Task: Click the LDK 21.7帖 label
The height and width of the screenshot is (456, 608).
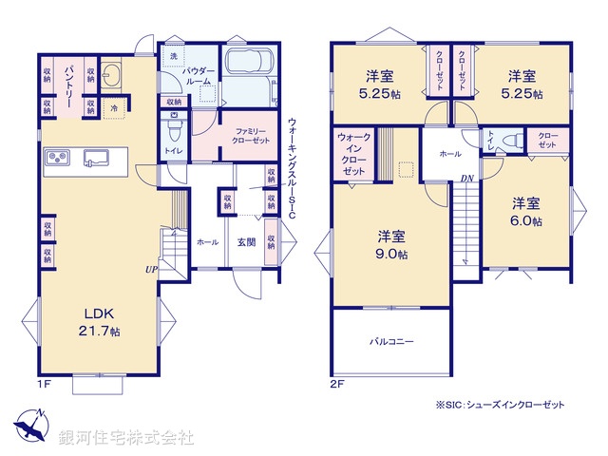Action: [x=100, y=323]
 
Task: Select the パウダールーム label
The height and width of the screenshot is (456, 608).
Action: [x=200, y=75]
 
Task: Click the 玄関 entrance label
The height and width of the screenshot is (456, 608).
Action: [x=245, y=242]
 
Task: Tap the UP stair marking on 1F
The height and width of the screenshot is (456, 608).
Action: [x=150, y=270]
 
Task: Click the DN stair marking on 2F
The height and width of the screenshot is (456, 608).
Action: [x=466, y=178]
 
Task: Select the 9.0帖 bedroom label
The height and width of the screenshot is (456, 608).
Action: [x=391, y=245]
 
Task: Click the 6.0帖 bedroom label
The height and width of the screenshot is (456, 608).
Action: [x=526, y=212]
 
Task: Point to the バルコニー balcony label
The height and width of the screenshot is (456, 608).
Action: [x=390, y=341]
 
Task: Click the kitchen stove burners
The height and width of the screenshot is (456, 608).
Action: [x=55, y=157]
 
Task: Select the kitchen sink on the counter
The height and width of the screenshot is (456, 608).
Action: [x=96, y=157]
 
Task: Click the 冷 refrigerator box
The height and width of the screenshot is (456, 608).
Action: [x=113, y=107]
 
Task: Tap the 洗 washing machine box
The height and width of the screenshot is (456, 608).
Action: [x=173, y=57]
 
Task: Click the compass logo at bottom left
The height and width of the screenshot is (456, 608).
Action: [x=31, y=426]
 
